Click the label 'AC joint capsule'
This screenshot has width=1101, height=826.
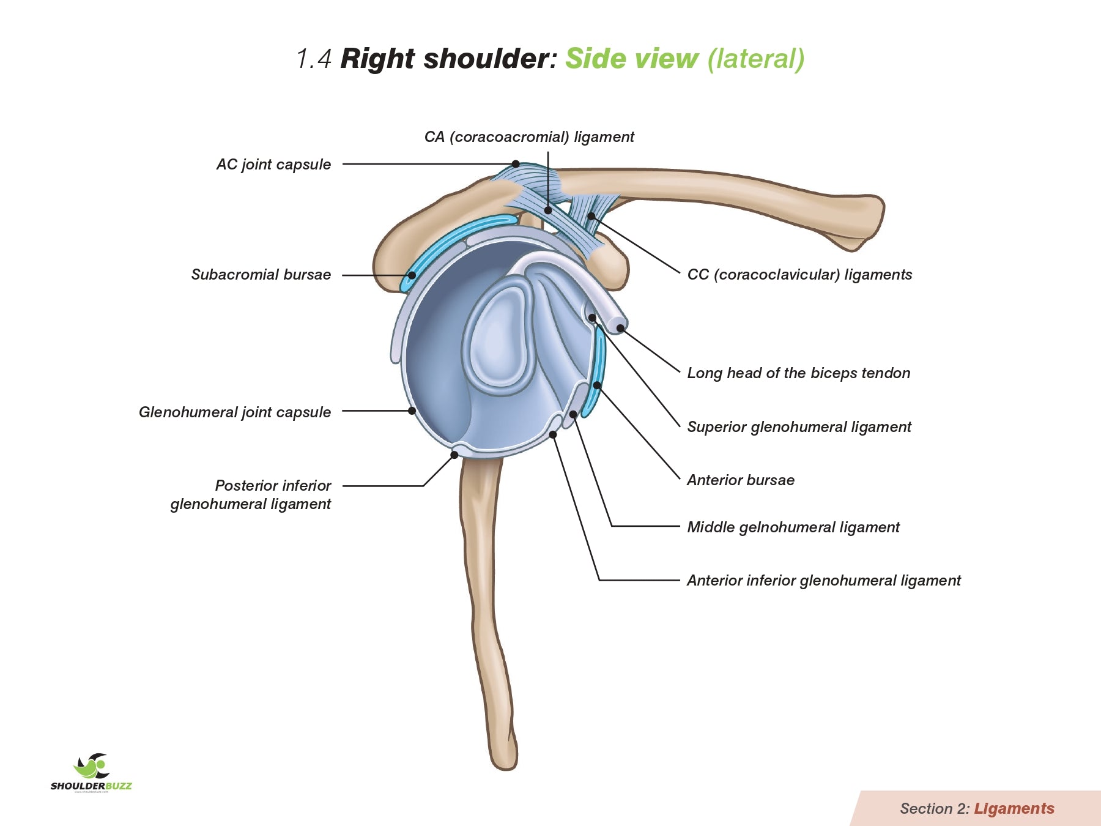click(273, 165)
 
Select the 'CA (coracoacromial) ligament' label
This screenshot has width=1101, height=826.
click(529, 137)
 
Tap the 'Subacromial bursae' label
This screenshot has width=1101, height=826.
click(261, 275)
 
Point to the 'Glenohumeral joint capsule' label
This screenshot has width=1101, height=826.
click(235, 412)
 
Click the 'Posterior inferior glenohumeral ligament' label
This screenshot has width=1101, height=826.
click(251, 495)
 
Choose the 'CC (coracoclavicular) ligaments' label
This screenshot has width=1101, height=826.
click(799, 275)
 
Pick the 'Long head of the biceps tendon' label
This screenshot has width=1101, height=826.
click(798, 373)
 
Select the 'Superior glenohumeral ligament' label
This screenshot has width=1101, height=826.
click(799, 427)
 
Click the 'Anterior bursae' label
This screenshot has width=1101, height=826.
click(741, 480)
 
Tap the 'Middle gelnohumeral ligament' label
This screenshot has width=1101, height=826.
click(793, 527)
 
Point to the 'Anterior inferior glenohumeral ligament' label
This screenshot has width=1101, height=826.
click(823, 581)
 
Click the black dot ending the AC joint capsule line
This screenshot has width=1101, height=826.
click(516, 164)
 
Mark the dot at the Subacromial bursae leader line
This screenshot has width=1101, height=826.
click(412, 275)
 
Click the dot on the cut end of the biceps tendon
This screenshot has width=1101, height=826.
click(620, 329)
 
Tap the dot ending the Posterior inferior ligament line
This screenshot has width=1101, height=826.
click(454, 455)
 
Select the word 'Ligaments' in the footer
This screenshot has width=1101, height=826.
click(1014, 809)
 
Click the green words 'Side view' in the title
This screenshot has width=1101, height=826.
click(631, 59)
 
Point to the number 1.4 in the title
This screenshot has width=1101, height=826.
click(314, 59)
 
